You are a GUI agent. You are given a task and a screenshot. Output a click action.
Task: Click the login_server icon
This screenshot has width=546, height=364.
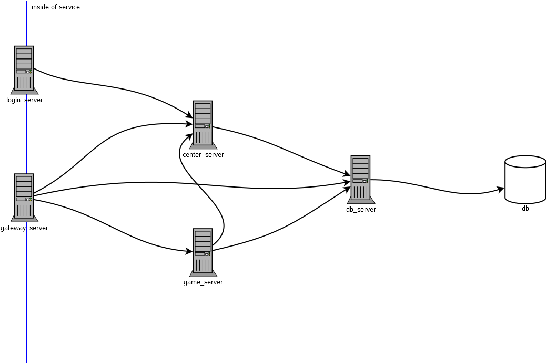24,70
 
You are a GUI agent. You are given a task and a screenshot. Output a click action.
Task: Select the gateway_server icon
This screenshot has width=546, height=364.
24,198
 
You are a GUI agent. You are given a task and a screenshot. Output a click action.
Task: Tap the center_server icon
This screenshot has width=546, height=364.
203,125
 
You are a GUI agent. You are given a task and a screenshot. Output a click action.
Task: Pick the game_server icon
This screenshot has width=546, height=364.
203,252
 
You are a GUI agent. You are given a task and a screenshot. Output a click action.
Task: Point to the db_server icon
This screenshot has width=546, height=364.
361,179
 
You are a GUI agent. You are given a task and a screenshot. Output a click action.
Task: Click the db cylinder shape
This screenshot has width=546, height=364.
525,179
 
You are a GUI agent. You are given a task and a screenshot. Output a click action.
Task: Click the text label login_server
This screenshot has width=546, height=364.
25,100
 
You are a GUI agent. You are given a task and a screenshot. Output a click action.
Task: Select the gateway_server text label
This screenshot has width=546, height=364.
24,228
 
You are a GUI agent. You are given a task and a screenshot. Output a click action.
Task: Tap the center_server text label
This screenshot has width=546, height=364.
204,155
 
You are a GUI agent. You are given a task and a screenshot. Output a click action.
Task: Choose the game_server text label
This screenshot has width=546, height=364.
204,282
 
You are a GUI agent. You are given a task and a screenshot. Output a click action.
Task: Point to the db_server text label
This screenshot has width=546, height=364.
361,210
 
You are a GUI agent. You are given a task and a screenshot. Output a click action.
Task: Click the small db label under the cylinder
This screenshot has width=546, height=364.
525,209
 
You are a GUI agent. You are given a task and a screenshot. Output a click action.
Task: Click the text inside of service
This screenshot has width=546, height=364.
56,7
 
